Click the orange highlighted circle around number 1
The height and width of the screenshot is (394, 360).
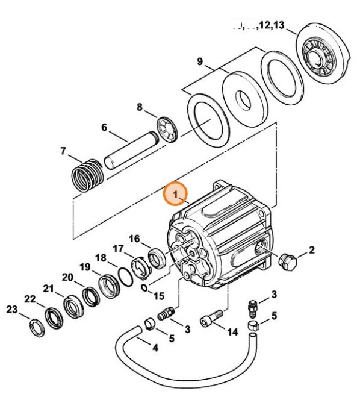pyautogui.click(x=176, y=195)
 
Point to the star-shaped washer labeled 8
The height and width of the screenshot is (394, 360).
pyautogui.click(x=168, y=131)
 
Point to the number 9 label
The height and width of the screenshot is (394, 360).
pyautogui.click(x=200, y=63)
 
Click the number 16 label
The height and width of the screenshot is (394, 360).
pyautogui.click(x=134, y=240)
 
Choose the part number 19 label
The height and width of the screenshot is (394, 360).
pyautogui.click(x=85, y=267)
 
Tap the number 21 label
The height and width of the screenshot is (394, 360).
pyautogui.click(x=48, y=288)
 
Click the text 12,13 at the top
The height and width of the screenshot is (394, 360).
pyautogui.click(x=271, y=26)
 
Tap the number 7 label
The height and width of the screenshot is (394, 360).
pyautogui.click(x=64, y=151)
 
